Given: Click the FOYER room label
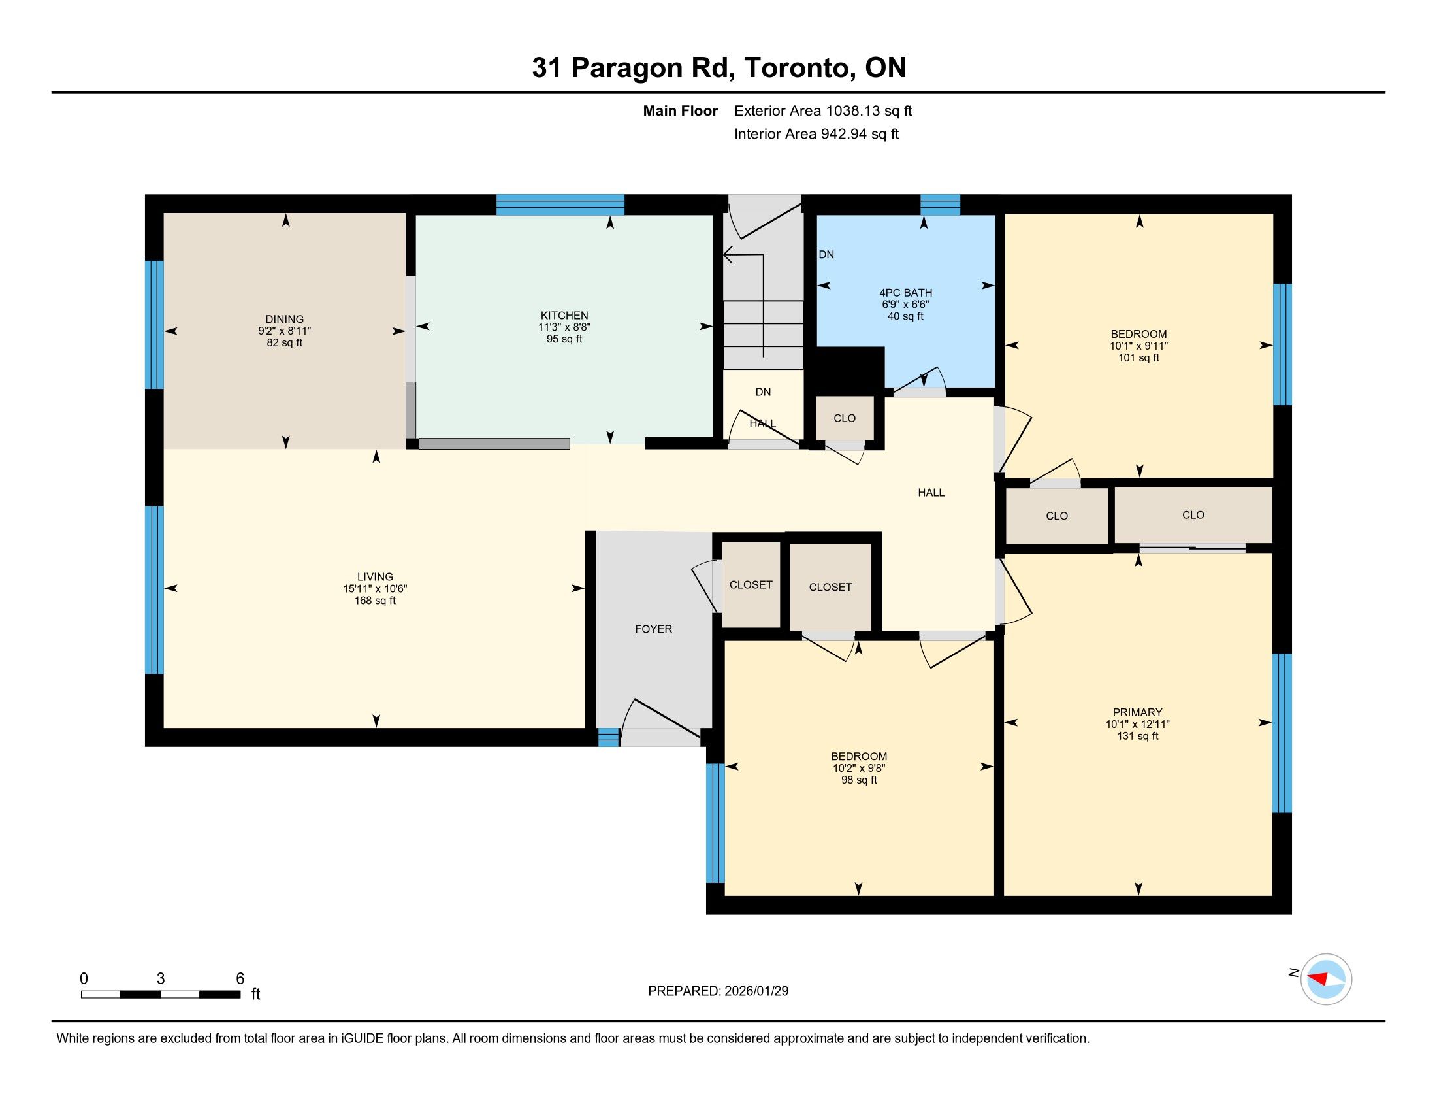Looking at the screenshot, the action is [x=653, y=629].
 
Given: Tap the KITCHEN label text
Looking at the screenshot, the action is [x=564, y=315].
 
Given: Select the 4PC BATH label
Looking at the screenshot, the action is [x=905, y=293].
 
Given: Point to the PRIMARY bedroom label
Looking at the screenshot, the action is [x=1138, y=712].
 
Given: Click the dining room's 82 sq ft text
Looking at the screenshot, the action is [x=285, y=343].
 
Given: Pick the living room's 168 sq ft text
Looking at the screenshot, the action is [x=375, y=600].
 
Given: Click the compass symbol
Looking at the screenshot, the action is [x=1326, y=979].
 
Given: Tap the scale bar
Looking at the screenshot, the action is [x=161, y=995].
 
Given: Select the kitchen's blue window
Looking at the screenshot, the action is [x=560, y=205].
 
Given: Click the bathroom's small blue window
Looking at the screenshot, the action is [x=939, y=205].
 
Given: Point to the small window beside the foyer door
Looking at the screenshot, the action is [x=609, y=737].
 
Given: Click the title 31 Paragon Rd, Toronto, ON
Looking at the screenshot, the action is [x=719, y=68].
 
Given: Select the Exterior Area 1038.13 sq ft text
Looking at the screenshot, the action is [x=823, y=111].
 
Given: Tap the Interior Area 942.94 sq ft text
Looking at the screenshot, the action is [x=816, y=134].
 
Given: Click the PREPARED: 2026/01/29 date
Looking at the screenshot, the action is [x=718, y=991].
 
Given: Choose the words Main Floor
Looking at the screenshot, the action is [x=681, y=111].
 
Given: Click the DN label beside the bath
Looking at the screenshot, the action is [x=826, y=255].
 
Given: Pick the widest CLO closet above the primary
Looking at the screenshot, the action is [x=1193, y=516].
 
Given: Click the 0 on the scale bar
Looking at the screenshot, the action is [x=84, y=979].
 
